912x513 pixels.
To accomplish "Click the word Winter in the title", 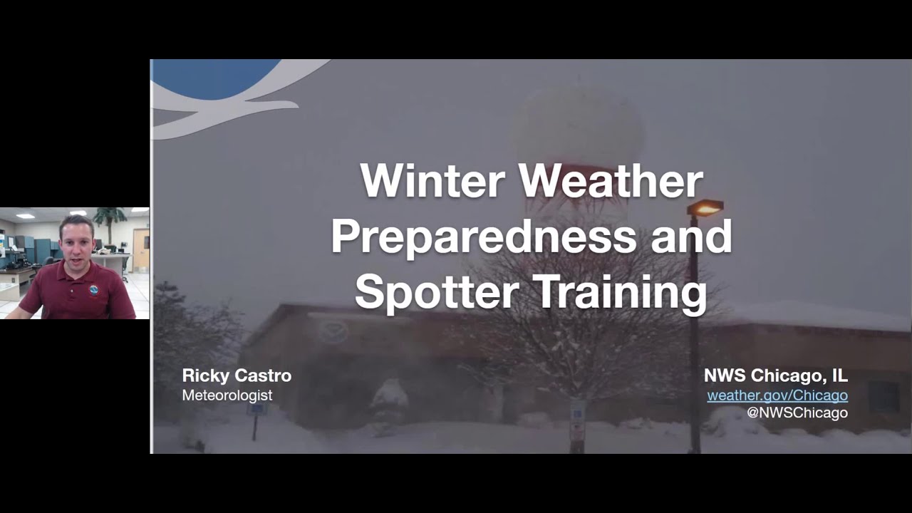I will (x=433, y=181).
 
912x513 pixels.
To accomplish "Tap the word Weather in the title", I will (x=611, y=181).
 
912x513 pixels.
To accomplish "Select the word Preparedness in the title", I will (x=483, y=237).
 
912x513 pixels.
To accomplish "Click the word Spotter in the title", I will (x=437, y=292).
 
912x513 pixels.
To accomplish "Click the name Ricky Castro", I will (x=237, y=375).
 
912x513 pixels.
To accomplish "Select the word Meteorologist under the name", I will (x=227, y=395).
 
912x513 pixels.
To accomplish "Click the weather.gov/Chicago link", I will (x=777, y=395).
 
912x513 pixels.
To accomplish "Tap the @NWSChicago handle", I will (x=797, y=413).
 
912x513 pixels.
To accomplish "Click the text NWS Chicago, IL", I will (x=775, y=375).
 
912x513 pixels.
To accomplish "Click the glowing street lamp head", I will (x=705, y=208).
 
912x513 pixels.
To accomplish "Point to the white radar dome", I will (x=579, y=128).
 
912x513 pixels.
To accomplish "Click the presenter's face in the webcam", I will (x=76, y=242).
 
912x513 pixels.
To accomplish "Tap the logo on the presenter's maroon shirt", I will (x=94, y=290).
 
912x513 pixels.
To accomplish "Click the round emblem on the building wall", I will (x=333, y=331).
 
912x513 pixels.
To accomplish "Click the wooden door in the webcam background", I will (x=140, y=251).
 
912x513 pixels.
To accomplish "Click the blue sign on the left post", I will (x=256, y=409).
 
